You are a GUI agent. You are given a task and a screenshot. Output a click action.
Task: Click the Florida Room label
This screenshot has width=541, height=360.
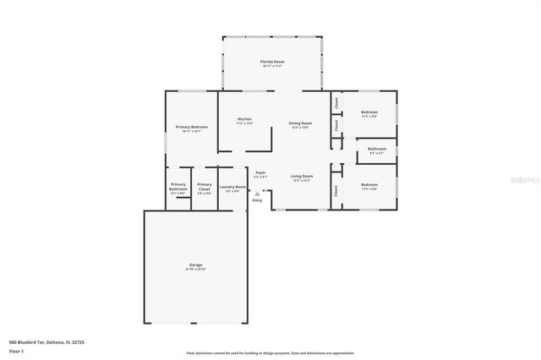pos(271,62)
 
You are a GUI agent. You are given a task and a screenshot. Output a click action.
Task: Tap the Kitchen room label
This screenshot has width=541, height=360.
pos(244,119)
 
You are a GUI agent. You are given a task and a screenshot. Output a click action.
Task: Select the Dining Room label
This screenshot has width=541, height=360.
pos(299,123)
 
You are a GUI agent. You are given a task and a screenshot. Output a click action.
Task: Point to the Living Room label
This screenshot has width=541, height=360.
pos(302,177)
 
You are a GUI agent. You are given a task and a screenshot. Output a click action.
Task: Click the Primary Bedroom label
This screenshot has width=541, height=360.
pos(191,127)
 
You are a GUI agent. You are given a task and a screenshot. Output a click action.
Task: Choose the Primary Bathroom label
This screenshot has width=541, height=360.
pos(178,187)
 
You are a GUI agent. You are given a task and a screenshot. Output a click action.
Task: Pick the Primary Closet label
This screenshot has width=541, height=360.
pos(204,187)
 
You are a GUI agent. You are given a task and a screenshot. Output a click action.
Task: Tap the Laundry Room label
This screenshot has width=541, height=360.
pos(232,187)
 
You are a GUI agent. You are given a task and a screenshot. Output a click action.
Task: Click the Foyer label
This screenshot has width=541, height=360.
pos(260,172)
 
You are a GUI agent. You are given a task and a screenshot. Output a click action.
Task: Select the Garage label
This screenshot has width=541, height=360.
pos(194,265)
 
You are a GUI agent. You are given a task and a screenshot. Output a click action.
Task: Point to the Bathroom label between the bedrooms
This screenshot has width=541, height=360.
pos(376,150)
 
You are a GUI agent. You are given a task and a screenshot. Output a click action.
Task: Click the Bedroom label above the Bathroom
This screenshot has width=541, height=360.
pos(369,112)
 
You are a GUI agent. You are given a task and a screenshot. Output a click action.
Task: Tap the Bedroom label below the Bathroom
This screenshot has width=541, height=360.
pos(369,184)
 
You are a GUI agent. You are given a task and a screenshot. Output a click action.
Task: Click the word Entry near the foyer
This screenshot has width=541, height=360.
pos(257,200)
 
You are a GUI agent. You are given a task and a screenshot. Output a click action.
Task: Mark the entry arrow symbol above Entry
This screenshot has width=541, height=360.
pos(257,194)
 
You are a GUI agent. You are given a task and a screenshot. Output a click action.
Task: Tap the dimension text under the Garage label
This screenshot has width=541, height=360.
pos(194,270)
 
